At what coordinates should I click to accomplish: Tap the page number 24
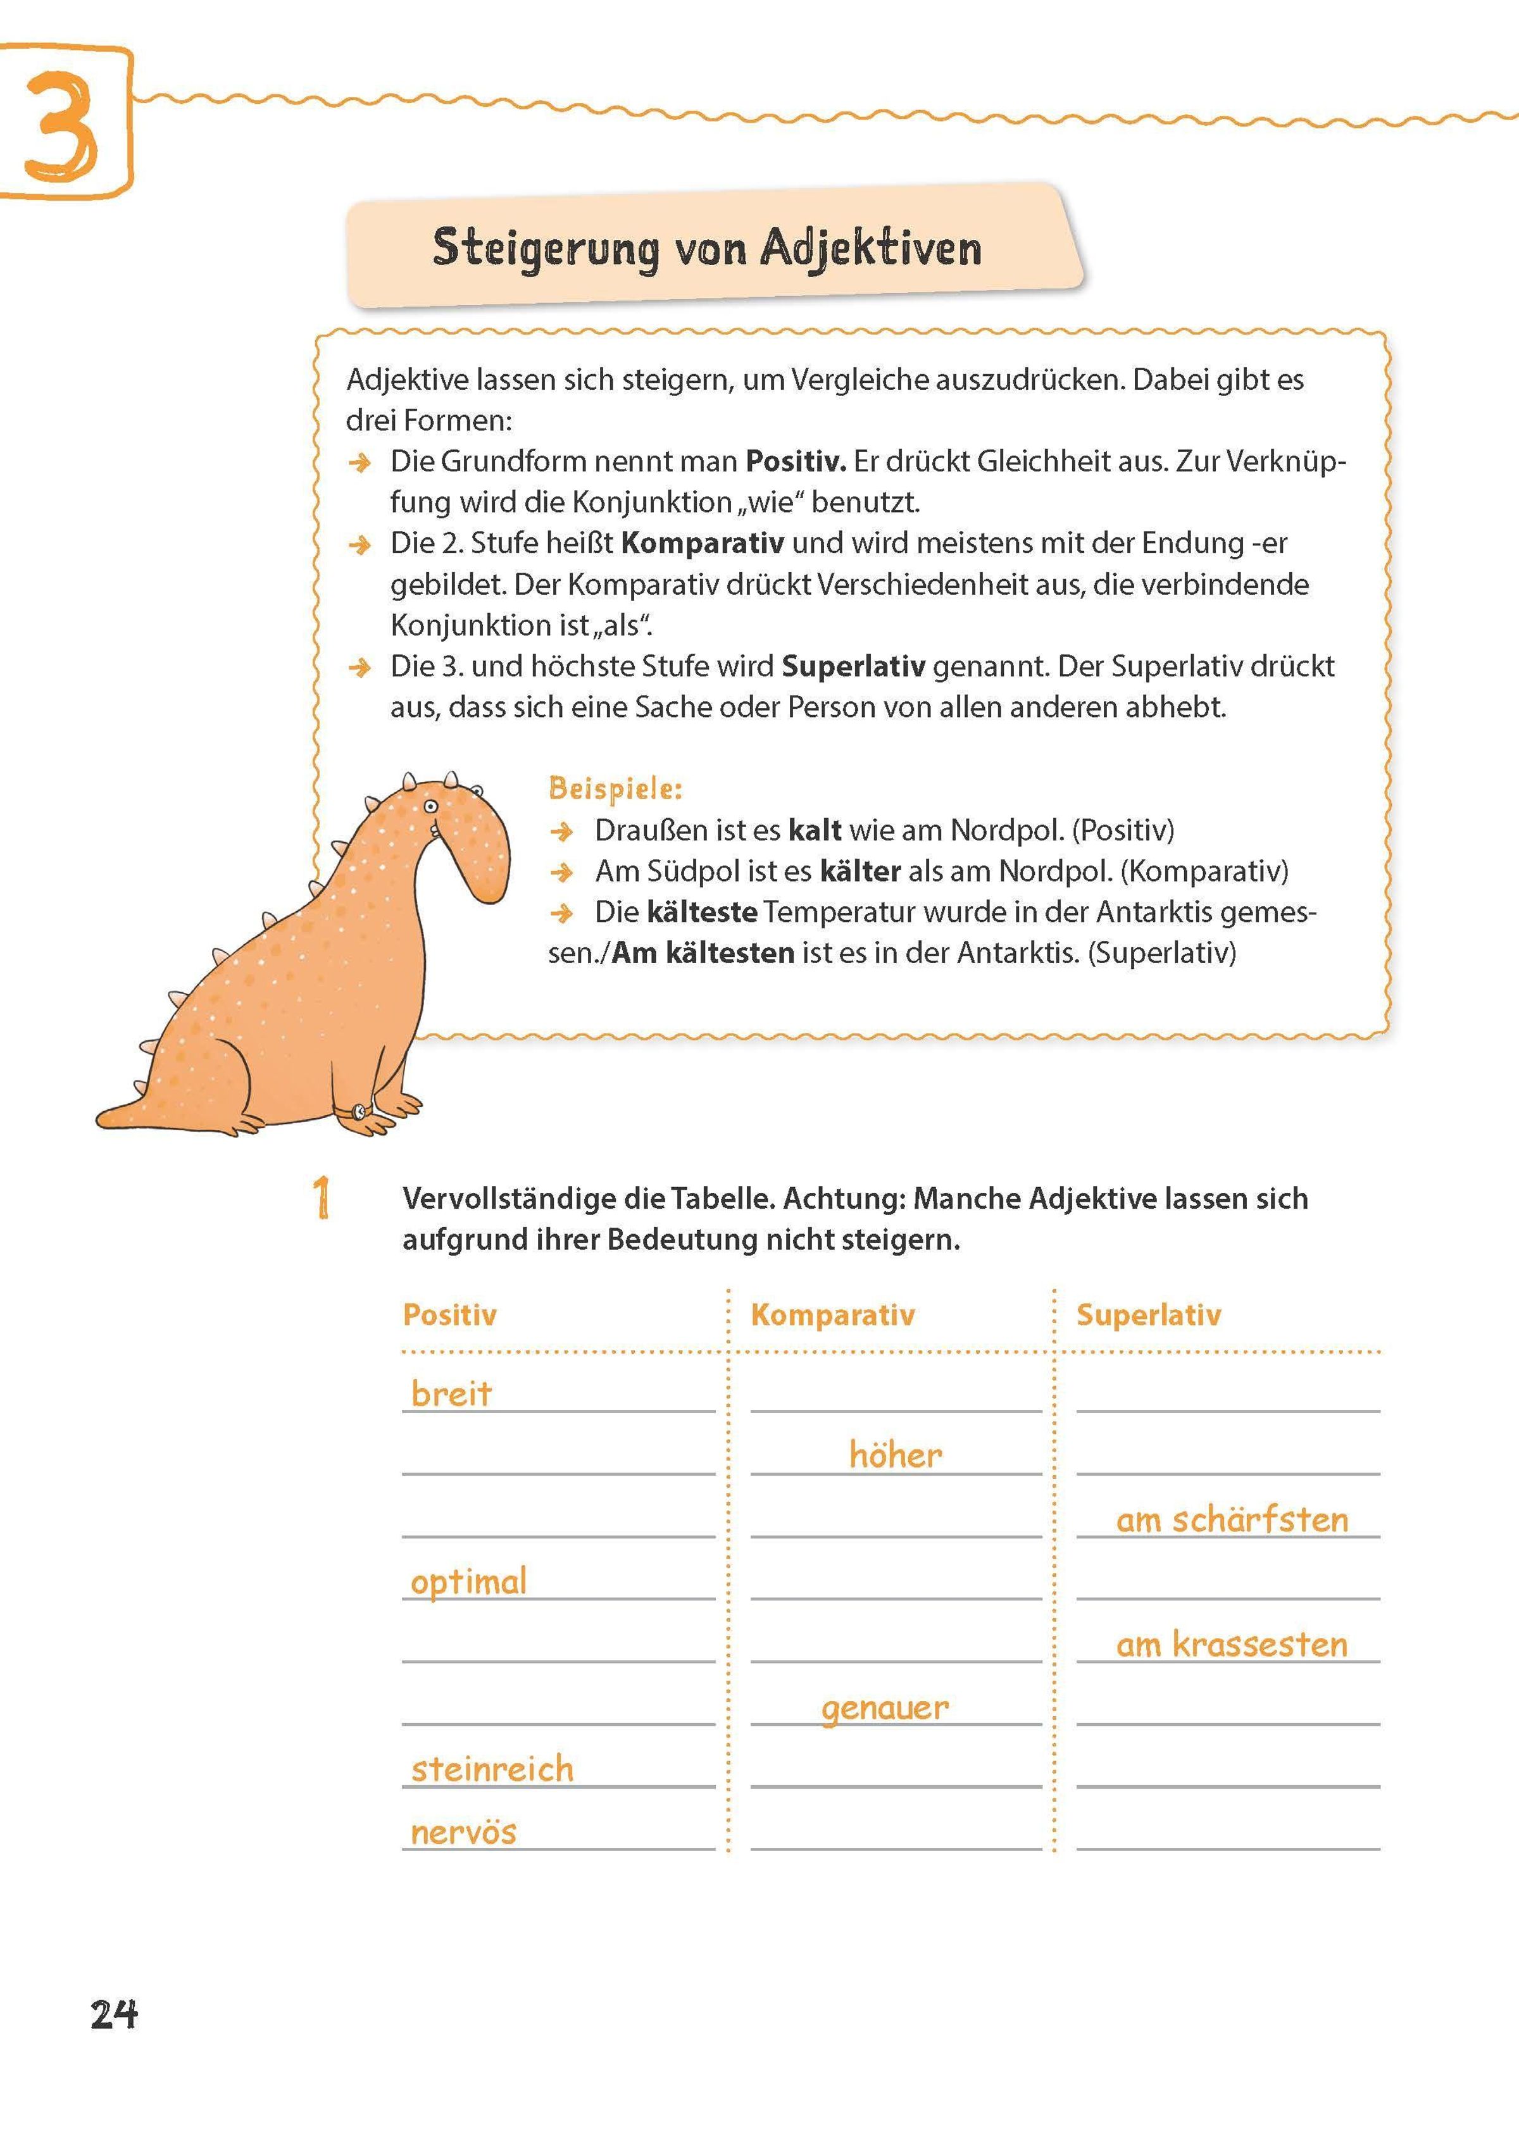(x=114, y=2013)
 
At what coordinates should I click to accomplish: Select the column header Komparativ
(x=832, y=1314)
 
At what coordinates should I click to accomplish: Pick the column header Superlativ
(x=1149, y=1314)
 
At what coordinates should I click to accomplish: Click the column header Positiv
(x=450, y=1314)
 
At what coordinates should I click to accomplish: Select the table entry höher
(x=895, y=1455)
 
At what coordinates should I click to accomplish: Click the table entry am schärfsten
(x=1232, y=1519)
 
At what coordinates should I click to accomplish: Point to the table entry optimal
(x=468, y=1582)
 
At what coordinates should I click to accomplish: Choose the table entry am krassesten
(x=1232, y=1644)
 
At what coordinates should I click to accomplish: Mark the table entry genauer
(x=885, y=1708)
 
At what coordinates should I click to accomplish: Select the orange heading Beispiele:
(x=615, y=788)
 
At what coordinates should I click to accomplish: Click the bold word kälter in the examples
(x=860, y=871)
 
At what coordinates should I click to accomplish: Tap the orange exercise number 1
(x=322, y=1198)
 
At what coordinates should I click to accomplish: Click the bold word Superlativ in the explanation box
(x=853, y=666)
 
